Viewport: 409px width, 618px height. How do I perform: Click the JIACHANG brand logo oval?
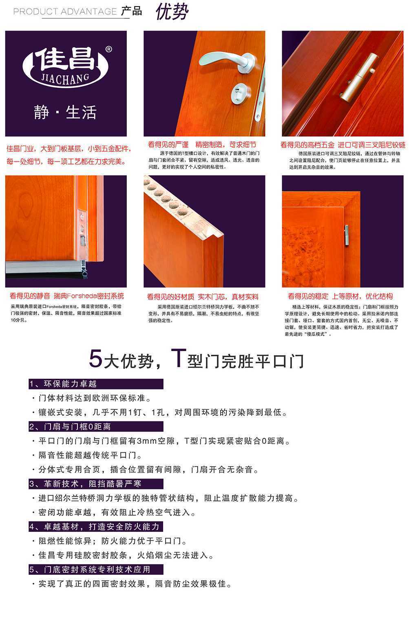66,66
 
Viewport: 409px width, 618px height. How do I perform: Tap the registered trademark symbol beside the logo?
108,49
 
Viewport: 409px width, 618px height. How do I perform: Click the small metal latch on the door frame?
347,236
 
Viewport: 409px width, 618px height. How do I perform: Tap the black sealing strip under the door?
45,276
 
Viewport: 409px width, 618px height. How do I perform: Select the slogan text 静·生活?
65,112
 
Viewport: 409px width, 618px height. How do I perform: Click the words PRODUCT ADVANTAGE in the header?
65,11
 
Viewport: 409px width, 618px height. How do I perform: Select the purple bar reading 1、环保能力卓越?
96,384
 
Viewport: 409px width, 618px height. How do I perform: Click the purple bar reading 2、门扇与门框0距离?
96,427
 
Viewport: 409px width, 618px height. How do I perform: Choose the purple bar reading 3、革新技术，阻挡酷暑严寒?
96,484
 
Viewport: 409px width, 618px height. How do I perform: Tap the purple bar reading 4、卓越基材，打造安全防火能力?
96,527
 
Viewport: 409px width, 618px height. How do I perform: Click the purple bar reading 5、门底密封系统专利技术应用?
96,569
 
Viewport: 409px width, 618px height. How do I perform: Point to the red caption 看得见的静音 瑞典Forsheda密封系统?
67,296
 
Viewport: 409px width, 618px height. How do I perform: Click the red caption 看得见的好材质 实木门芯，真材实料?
203,297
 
